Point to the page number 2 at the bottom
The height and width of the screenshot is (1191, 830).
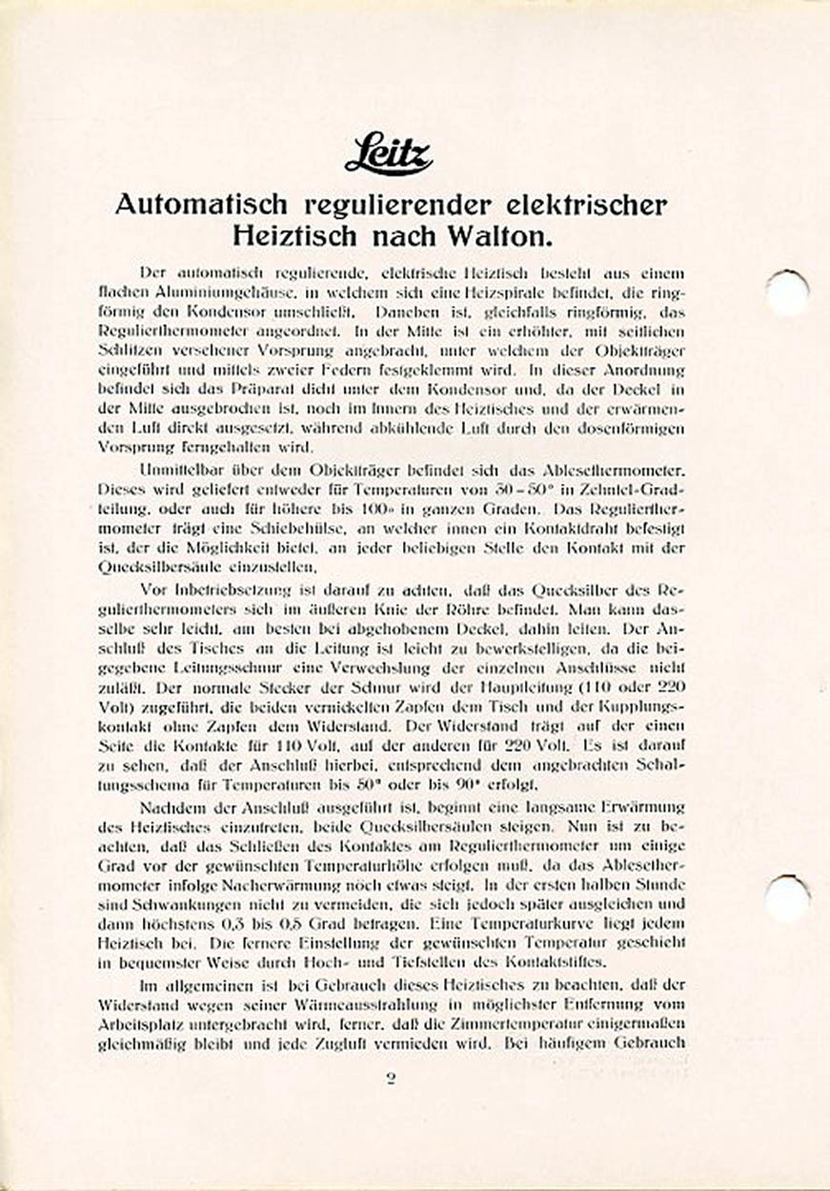[x=391, y=1079]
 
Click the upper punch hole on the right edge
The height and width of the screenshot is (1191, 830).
[x=789, y=291]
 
